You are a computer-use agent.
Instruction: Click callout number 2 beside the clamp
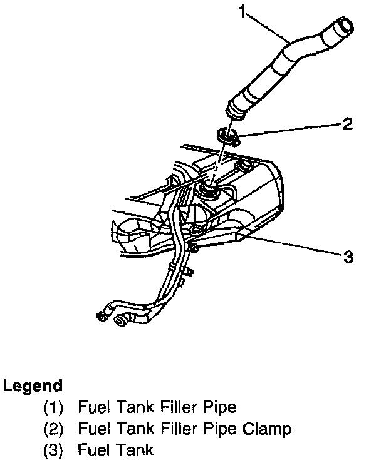pos(348,124)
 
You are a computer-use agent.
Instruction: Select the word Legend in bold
pos(33,385)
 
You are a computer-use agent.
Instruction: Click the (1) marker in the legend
pos(53,408)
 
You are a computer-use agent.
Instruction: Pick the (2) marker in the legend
pos(53,429)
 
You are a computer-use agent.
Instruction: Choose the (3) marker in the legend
pos(53,450)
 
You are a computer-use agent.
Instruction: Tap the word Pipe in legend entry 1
pos(219,408)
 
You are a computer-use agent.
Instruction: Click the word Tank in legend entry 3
pos(137,450)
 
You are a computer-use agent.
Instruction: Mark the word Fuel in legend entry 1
pos(91,408)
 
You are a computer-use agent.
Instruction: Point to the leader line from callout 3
pos(295,246)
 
